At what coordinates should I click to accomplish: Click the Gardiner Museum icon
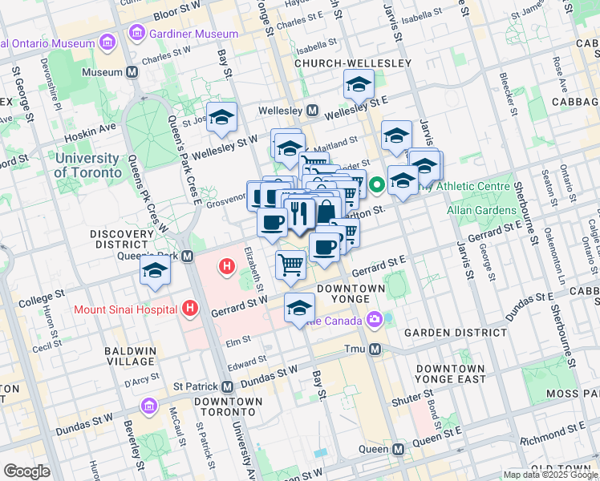(137, 34)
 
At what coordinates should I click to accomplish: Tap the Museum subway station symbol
(132, 72)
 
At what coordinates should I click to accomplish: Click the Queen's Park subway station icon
(188, 256)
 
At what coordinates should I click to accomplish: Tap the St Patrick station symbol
(228, 386)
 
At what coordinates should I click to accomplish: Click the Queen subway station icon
(399, 449)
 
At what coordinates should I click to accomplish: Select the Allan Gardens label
(482, 210)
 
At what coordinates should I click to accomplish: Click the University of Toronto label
(87, 165)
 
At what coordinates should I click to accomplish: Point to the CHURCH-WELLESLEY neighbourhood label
(352, 63)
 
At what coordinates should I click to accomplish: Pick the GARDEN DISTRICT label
(455, 332)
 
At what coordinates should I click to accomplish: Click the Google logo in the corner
(26, 471)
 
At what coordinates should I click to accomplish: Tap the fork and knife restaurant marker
(299, 213)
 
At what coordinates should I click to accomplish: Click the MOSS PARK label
(571, 394)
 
